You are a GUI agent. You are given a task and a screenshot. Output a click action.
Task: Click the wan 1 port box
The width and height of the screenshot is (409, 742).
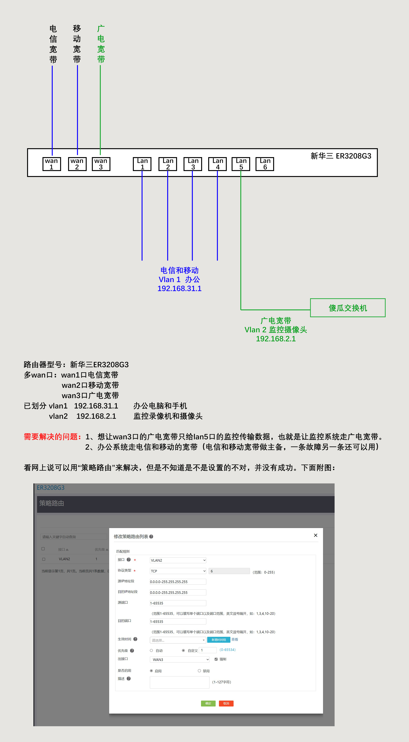click(x=52, y=164)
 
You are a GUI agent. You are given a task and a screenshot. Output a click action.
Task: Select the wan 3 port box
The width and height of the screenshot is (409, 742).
click(x=101, y=164)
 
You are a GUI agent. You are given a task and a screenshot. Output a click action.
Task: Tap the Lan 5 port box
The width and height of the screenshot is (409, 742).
click(x=241, y=164)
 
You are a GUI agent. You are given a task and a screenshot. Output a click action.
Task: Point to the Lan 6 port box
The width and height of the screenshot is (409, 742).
click(x=265, y=164)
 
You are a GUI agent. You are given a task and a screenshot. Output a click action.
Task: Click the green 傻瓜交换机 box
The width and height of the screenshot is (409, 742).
click(x=348, y=308)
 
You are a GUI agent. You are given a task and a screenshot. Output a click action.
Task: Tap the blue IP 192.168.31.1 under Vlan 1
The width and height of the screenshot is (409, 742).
click(x=179, y=289)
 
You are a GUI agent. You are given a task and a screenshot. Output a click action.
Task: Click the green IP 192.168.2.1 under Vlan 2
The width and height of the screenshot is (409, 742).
click(x=276, y=339)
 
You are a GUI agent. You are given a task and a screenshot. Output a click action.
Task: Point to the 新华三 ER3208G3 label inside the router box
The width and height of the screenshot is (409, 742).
click(x=341, y=156)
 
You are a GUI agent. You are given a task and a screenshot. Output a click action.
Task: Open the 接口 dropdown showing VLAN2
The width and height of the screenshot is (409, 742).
click(x=178, y=560)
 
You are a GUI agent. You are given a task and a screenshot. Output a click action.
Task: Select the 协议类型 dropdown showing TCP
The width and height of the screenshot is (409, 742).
click(x=178, y=571)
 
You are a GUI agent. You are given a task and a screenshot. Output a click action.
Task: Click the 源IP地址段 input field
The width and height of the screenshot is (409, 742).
click(x=178, y=582)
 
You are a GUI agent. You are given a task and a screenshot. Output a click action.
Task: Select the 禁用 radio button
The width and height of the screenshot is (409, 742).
click(x=199, y=671)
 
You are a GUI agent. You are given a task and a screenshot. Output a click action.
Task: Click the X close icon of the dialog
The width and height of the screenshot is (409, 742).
click(x=316, y=535)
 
